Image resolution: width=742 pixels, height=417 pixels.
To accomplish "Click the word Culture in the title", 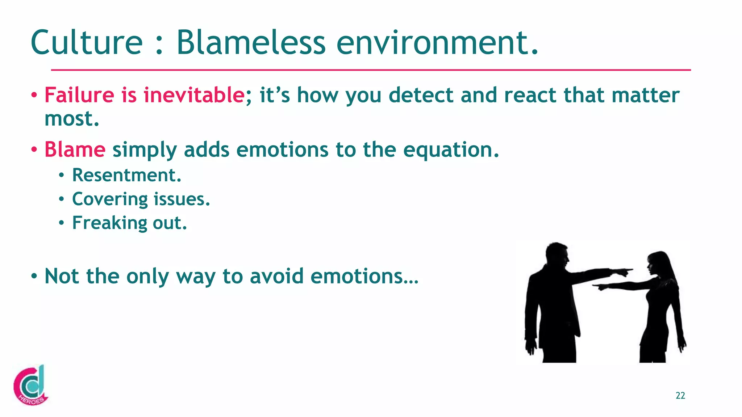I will click(87, 43).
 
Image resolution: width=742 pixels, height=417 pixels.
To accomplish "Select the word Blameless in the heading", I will click(251, 43).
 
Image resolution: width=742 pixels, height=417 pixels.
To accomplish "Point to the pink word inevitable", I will click(194, 95).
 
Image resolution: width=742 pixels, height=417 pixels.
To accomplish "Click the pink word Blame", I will click(75, 149).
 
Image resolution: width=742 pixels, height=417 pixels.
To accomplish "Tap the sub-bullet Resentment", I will click(126, 175).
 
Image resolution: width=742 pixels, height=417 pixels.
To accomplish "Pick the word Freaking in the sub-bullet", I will click(109, 223).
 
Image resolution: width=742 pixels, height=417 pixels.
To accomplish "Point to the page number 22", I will click(680, 396).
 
